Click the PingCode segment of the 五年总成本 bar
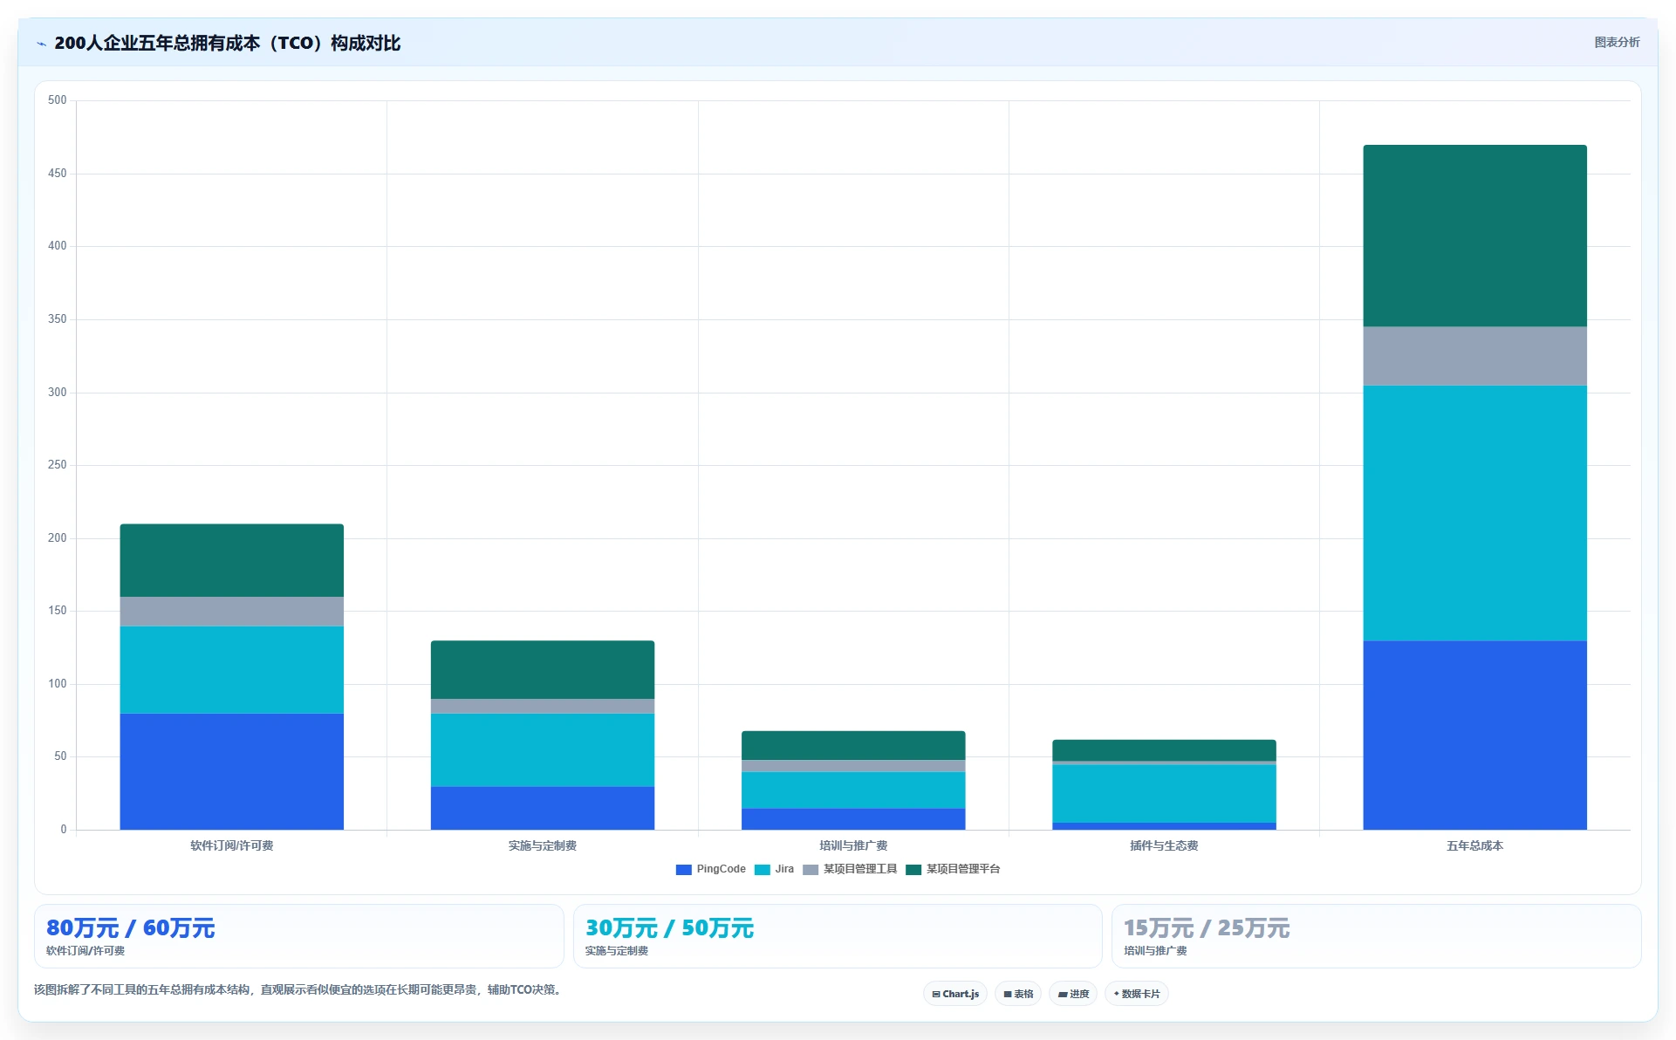[x=1474, y=735]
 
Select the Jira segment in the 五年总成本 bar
[x=1474, y=513]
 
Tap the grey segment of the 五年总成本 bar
[x=1474, y=356]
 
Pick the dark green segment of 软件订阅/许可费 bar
[x=231, y=560]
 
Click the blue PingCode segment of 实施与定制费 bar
[x=542, y=808]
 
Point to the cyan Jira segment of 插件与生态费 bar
[x=1164, y=793]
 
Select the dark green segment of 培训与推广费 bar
[x=853, y=745]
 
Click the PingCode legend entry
[x=711, y=869]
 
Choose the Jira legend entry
[x=775, y=869]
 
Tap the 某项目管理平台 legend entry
[x=954, y=869]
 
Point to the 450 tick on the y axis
[x=57, y=173]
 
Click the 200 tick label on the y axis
[x=57, y=537]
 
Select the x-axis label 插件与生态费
[x=1164, y=845]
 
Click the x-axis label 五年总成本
[x=1474, y=845]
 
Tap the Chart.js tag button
[x=955, y=994]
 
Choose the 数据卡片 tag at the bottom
[x=1136, y=994]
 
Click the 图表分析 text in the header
[x=1617, y=42]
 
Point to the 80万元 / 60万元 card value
[x=130, y=927]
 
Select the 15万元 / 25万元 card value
[x=1207, y=927]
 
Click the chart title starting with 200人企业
[x=227, y=43]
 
